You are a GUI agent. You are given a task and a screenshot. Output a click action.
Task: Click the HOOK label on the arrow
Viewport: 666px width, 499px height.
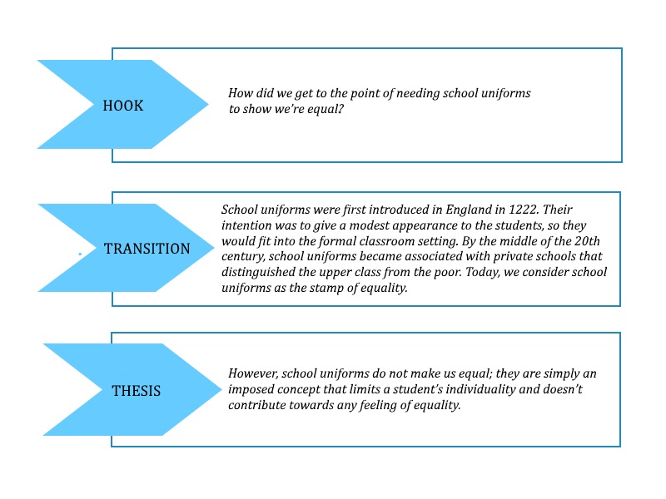coord(123,106)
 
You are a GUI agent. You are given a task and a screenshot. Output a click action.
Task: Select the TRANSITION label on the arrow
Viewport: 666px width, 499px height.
coord(147,249)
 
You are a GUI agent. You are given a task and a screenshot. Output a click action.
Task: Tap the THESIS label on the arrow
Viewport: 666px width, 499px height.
coord(137,391)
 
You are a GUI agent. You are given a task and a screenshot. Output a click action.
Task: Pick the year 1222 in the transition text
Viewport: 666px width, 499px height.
coord(524,210)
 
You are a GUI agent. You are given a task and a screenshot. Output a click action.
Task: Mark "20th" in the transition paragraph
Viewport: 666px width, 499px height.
coord(588,241)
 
